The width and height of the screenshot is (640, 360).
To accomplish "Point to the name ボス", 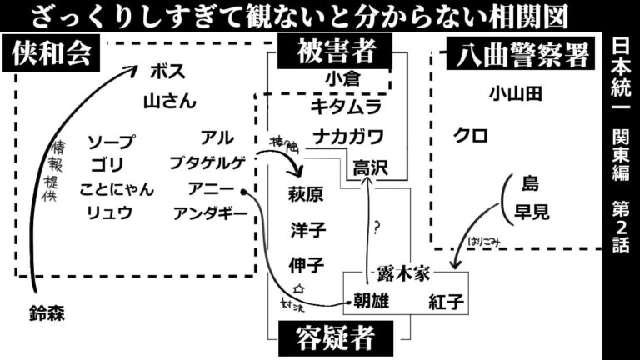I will (167, 71).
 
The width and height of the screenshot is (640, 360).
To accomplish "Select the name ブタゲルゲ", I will (207, 162).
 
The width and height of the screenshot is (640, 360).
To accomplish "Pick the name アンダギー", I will (210, 213).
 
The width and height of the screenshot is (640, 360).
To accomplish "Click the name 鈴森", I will (46, 313).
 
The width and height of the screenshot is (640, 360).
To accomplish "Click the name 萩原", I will (306, 195).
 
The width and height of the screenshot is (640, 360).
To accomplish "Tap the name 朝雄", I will (371, 301).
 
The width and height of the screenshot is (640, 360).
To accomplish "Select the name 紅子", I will (446, 301).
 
